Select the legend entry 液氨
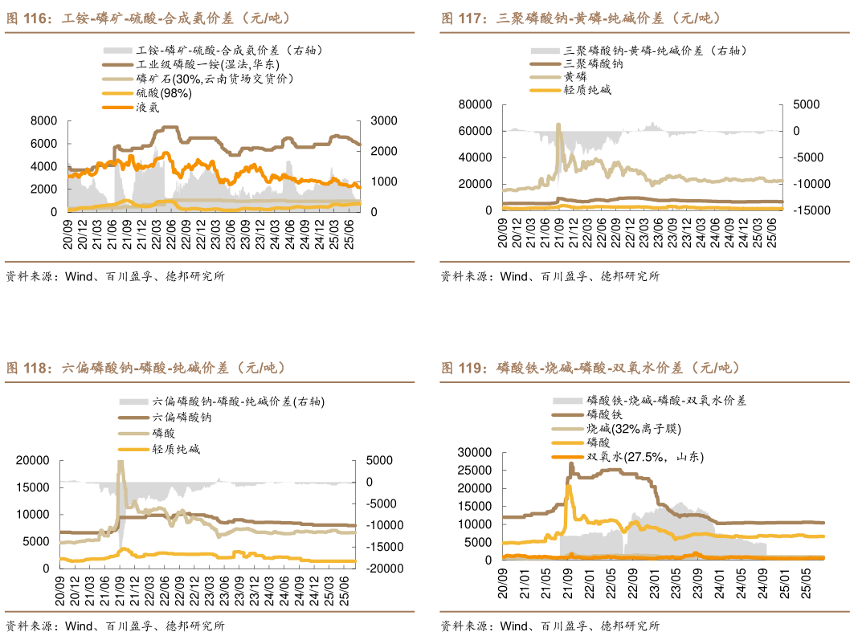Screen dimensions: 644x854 coord(151,107)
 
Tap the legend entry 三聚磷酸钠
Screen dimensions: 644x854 coord(594,63)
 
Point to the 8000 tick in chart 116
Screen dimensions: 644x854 coord(43,120)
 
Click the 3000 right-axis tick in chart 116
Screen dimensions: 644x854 coord(382,120)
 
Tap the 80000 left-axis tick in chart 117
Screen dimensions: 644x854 coord(474,104)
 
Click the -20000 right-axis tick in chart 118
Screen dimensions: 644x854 coord(379,568)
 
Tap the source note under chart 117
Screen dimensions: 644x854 coord(550,276)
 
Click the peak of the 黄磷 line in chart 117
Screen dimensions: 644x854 coord(558,124)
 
